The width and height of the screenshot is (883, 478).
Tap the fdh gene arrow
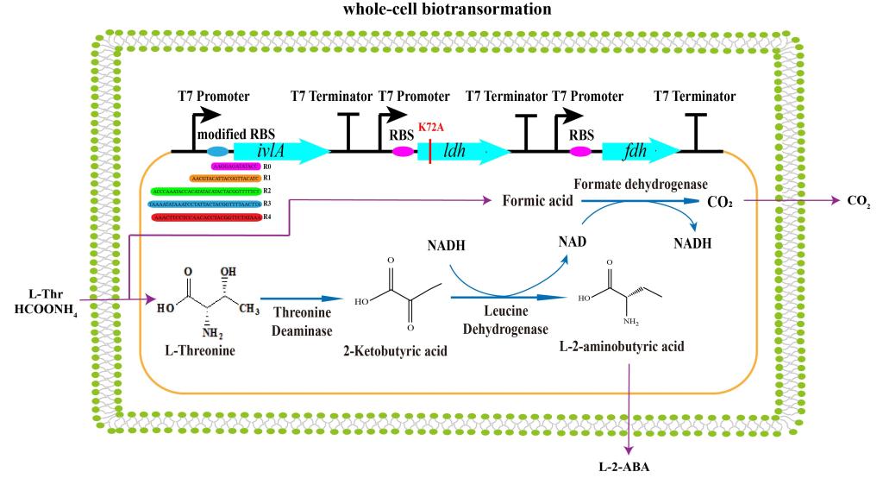(638, 151)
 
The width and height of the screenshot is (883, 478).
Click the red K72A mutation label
(431, 127)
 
